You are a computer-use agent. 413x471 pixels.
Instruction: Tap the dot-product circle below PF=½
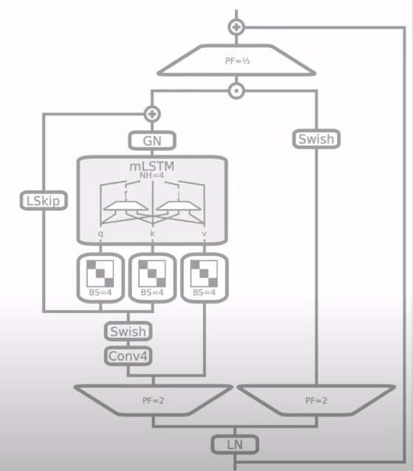pyautogui.click(x=236, y=92)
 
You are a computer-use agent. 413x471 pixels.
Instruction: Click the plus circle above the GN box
pyautogui.click(x=152, y=114)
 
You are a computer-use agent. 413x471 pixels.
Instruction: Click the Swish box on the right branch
pyautogui.click(x=318, y=138)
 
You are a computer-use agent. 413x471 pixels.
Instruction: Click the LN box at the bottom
pyautogui.click(x=235, y=444)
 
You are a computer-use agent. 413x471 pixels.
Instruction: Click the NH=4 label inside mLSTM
pyautogui.click(x=151, y=176)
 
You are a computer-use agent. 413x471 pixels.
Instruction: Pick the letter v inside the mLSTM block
pyautogui.click(x=203, y=233)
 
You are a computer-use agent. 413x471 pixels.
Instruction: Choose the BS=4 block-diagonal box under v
pyautogui.click(x=203, y=277)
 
